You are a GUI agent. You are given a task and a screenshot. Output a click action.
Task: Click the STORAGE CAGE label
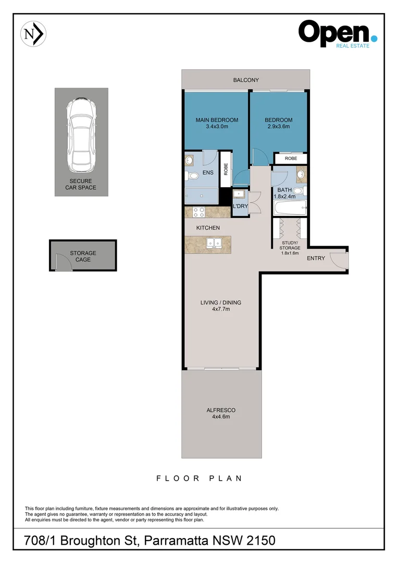[83, 256]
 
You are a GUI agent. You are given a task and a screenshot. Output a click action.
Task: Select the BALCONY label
[246, 80]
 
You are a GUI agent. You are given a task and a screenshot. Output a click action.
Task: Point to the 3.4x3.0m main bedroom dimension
[217, 127]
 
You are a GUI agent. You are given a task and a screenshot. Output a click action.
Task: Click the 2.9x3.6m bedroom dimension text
[279, 127]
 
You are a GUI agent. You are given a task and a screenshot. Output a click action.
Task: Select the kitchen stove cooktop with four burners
[199, 212]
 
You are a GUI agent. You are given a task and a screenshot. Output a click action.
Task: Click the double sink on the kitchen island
[214, 242]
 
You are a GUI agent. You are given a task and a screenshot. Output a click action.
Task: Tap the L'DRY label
[240, 206]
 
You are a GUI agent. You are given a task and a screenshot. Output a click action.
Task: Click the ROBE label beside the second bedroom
[290, 158]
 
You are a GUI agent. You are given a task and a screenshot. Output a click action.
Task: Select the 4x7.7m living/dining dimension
[221, 309]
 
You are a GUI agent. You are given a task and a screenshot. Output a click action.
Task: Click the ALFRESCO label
[221, 410]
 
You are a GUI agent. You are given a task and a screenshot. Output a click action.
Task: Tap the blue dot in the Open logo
[374, 38]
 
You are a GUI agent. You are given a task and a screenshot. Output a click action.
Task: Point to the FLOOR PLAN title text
[199, 478]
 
